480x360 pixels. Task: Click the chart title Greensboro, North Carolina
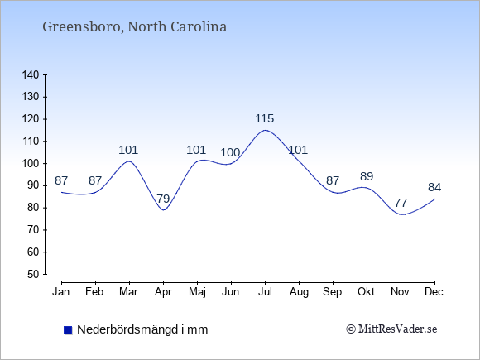(x=134, y=27)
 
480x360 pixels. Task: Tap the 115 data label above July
(x=265, y=118)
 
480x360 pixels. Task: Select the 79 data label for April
(x=163, y=199)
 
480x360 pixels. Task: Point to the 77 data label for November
(x=401, y=203)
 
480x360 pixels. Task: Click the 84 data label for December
(x=434, y=187)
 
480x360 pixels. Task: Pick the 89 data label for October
(x=367, y=176)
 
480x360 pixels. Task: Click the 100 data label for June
(x=230, y=152)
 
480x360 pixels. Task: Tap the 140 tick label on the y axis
(x=31, y=74)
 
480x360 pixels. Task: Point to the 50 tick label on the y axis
(x=33, y=274)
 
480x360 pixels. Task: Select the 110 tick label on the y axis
(x=31, y=142)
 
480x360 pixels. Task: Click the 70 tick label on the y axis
(x=33, y=229)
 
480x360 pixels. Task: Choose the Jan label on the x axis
(x=61, y=292)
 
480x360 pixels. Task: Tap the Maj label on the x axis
(x=197, y=292)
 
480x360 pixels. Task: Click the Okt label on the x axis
(x=366, y=292)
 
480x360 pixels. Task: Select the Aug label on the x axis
(x=299, y=292)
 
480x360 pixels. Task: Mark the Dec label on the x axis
(x=434, y=292)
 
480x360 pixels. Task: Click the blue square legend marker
(x=68, y=330)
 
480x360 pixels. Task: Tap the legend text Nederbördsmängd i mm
(x=142, y=329)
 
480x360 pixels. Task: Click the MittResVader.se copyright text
(x=391, y=329)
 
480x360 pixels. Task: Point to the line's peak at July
(x=265, y=130)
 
